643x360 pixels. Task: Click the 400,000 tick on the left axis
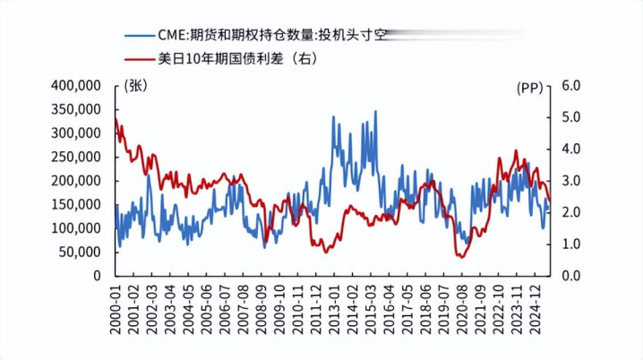point(75,85)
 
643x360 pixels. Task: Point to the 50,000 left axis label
point(79,252)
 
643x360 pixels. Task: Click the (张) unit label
point(138,86)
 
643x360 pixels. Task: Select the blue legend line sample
point(138,36)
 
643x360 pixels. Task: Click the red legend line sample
point(138,59)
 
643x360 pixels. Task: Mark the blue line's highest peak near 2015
point(375,112)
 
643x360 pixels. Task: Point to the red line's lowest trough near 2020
point(461,257)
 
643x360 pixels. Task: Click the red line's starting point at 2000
point(116,118)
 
